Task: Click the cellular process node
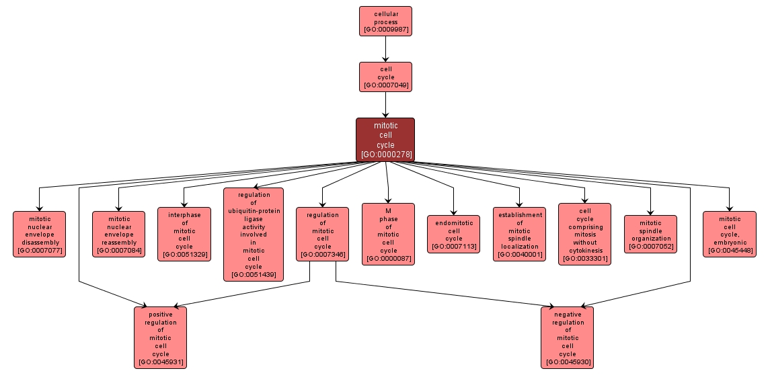click(385, 21)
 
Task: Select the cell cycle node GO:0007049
click(385, 77)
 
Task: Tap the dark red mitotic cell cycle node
click(385, 140)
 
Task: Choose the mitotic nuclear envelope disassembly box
click(40, 234)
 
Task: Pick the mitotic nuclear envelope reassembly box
click(118, 234)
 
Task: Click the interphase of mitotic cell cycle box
click(184, 234)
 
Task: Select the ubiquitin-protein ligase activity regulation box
click(254, 234)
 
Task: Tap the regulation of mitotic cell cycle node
click(322, 234)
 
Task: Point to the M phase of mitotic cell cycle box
click(388, 234)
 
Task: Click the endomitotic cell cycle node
click(454, 234)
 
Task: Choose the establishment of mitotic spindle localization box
click(520, 234)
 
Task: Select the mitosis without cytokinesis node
click(585, 234)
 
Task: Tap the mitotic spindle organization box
click(650, 234)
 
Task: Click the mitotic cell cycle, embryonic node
click(730, 234)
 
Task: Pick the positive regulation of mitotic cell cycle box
click(161, 337)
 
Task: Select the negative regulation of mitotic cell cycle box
click(568, 337)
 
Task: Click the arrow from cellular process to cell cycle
click(385, 48)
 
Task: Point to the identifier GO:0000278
click(385, 155)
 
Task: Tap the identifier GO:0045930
click(568, 362)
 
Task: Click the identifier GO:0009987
click(385, 30)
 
